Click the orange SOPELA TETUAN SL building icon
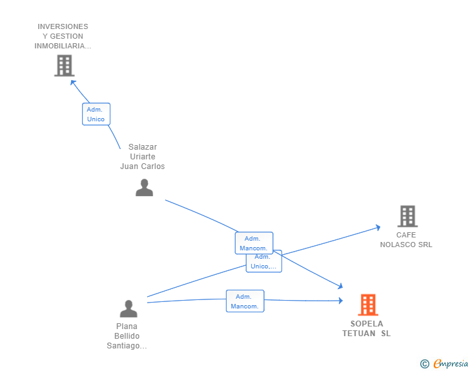tap(368, 305)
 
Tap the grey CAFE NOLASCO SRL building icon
tap(407, 216)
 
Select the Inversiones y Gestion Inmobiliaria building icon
tap(65, 66)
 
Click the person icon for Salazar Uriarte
tap(144, 188)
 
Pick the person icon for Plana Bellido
tap(128, 308)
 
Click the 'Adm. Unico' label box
tap(96, 114)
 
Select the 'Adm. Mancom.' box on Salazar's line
tap(254, 243)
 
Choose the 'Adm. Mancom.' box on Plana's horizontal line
tap(245, 301)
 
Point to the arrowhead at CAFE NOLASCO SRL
tap(378, 228)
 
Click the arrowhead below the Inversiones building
tap(73, 83)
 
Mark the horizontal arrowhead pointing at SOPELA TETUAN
tap(340, 300)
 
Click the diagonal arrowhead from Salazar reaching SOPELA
tap(340, 286)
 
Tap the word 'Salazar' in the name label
tap(143, 147)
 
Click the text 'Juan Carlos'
tap(143, 166)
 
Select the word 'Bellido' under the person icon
tap(127, 336)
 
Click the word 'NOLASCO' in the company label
tap(398, 245)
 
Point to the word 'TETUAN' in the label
tap(359, 334)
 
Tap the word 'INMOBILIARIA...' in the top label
tap(63, 46)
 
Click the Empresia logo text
tap(451, 364)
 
